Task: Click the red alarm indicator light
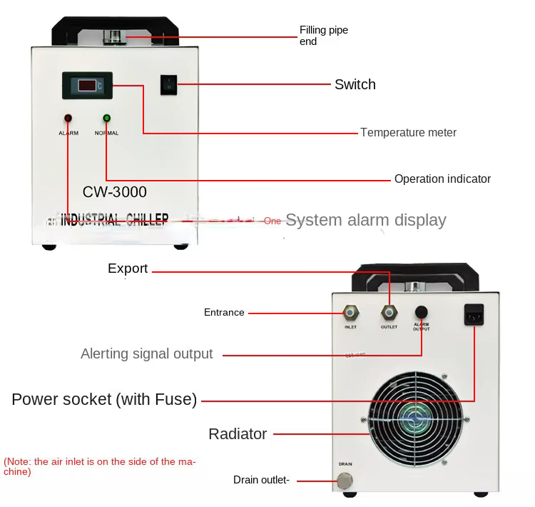(68, 118)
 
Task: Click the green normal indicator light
(106, 118)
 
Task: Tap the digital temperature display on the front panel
(87, 85)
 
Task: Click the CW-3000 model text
(114, 192)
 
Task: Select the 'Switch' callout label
(355, 84)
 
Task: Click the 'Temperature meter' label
(408, 132)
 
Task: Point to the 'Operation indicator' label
(442, 179)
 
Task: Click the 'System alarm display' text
(365, 220)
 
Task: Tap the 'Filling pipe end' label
(323, 36)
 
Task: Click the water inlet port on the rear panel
(350, 312)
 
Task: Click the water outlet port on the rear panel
(389, 312)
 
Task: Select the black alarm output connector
(422, 312)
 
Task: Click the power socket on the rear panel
(474, 314)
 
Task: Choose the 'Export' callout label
(128, 268)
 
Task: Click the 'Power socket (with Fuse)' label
(104, 399)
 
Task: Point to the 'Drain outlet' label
(261, 480)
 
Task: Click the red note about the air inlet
(100, 466)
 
